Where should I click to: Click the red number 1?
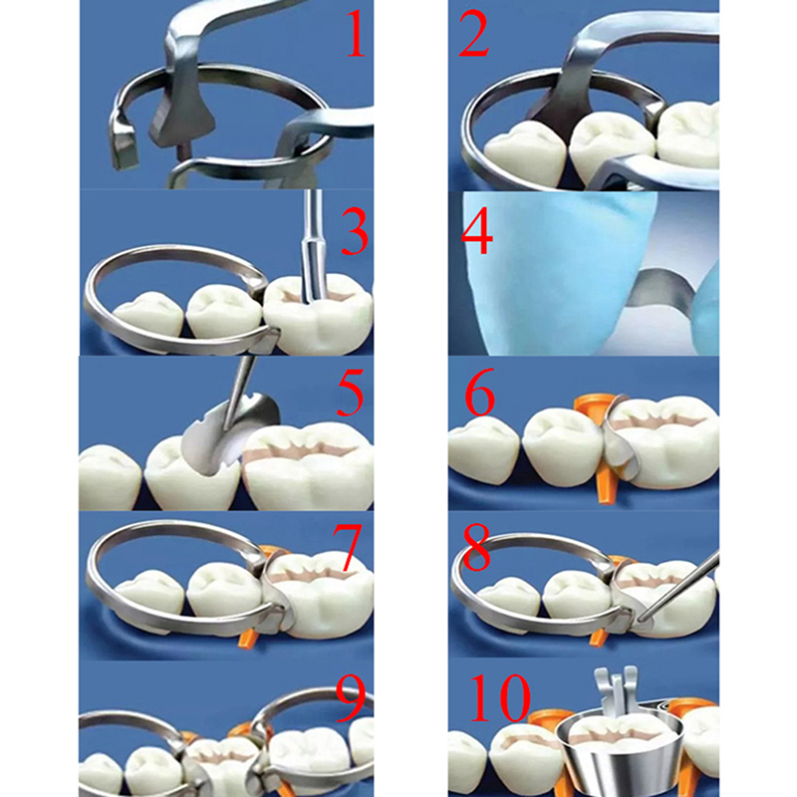coord(355,35)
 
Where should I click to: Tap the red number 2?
coord(474,35)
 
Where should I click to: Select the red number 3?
coord(355,232)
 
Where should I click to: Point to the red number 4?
coord(476,231)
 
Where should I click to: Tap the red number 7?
coord(347,548)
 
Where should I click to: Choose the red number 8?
coord(477,548)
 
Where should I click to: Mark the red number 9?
coord(351,700)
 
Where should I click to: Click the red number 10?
coord(500,698)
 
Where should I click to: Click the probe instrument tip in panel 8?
coord(643,620)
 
